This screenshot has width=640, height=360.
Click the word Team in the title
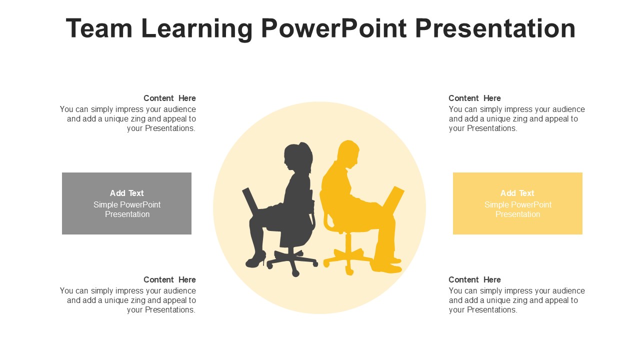click(x=99, y=28)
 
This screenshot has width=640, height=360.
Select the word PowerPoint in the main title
click(x=333, y=28)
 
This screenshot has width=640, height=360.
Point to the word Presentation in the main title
click(x=495, y=28)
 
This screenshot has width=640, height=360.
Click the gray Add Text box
click(x=126, y=203)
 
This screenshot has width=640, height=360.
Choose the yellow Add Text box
click(x=517, y=203)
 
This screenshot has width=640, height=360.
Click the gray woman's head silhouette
click(x=298, y=156)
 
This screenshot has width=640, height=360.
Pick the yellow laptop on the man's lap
click(x=393, y=200)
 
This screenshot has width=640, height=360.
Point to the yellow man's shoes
click(x=386, y=265)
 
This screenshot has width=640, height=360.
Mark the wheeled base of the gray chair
click(x=292, y=261)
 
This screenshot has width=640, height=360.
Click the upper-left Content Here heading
click(x=169, y=98)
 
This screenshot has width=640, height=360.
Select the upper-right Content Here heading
click(x=474, y=98)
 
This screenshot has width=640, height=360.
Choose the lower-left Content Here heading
click(x=169, y=279)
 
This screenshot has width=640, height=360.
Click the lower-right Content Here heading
click(x=474, y=279)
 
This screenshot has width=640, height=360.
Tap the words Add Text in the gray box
click(x=127, y=193)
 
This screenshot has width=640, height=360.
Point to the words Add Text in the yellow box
click(x=517, y=193)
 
